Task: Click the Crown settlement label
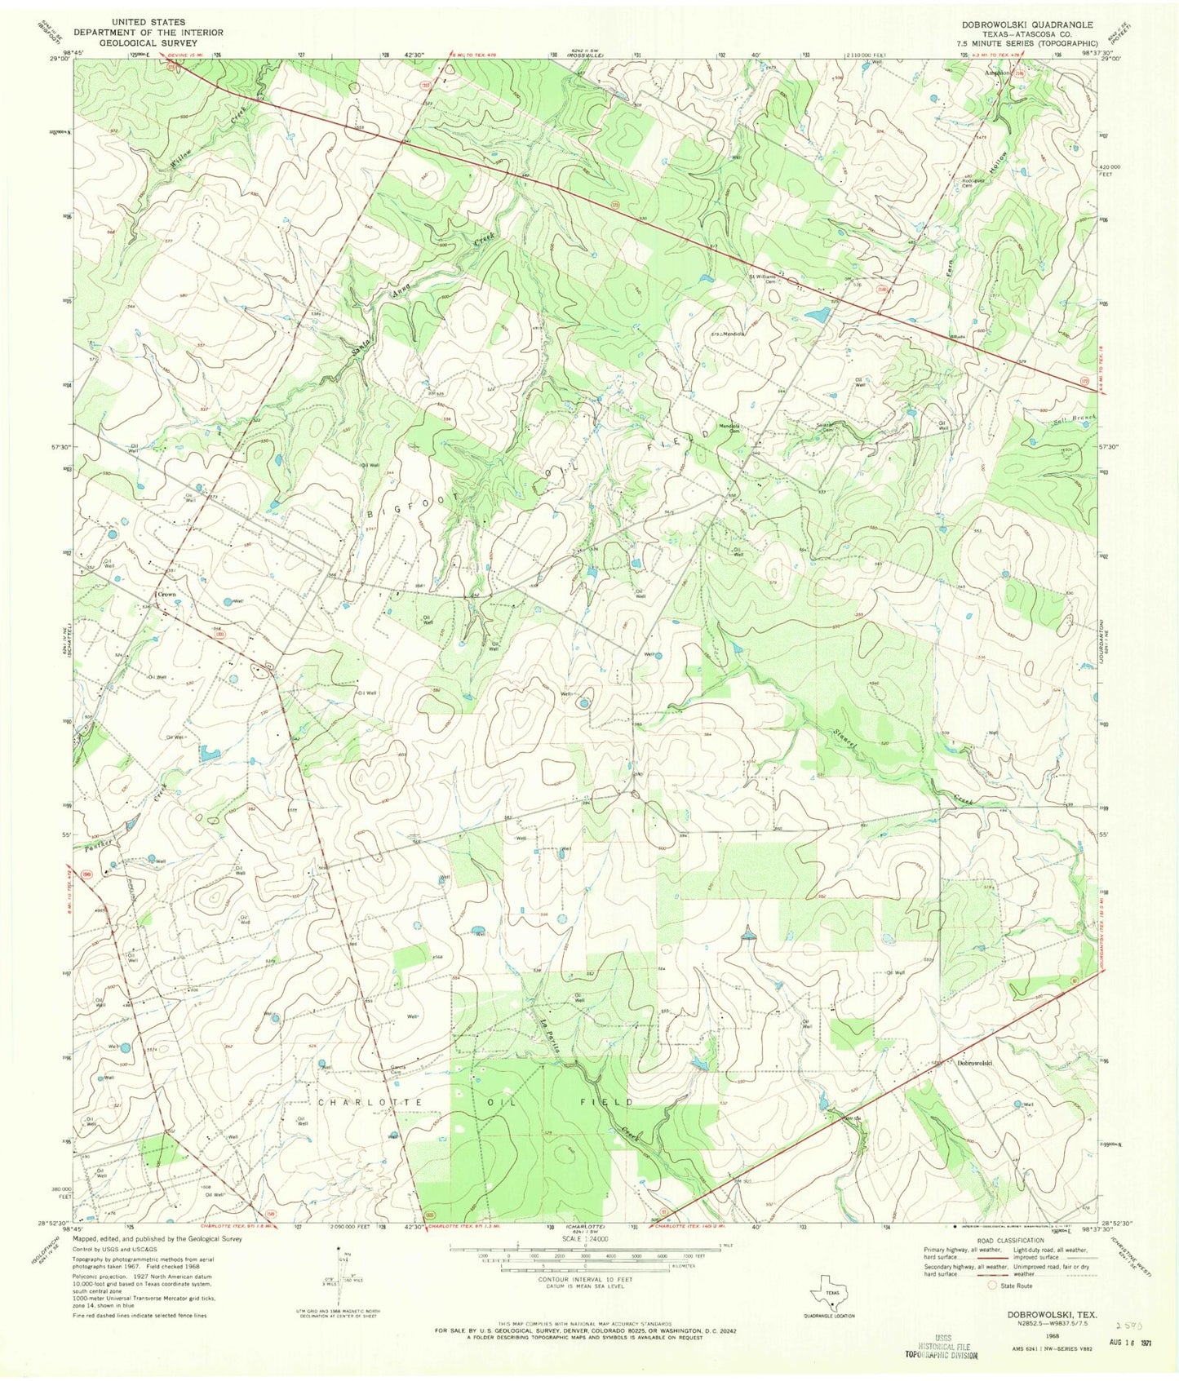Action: [x=167, y=595]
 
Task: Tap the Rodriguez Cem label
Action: [x=971, y=181]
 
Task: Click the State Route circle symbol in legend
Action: [x=993, y=1285]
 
